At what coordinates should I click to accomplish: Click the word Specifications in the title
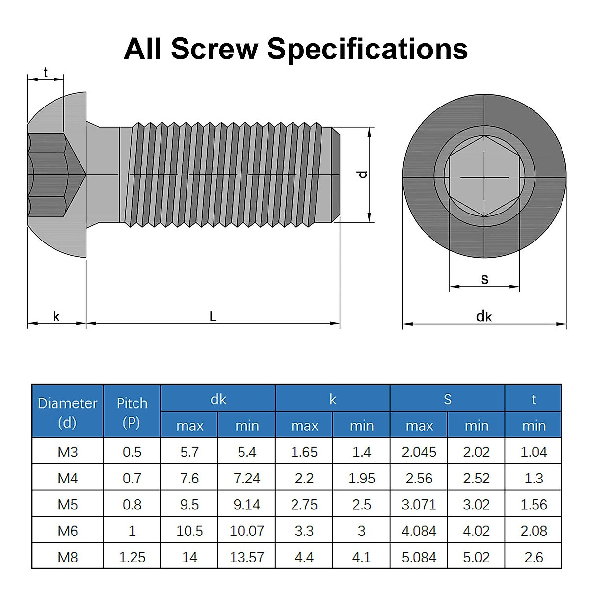coord(367,49)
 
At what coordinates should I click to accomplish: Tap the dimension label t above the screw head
coord(46,73)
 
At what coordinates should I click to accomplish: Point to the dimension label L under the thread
coord(213,317)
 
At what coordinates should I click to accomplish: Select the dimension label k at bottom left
coord(56,317)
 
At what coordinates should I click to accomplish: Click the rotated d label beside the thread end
coord(363,174)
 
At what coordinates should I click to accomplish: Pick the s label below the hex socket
coord(484,279)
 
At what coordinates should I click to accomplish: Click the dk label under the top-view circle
coord(484,317)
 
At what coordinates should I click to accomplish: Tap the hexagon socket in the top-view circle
coord(484,176)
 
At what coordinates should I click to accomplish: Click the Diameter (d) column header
coord(67,412)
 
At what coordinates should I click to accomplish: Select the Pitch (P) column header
coord(132,412)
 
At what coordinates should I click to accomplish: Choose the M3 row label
coord(67,452)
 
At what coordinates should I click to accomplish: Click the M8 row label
coord(67,557)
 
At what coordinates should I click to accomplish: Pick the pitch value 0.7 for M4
coord(132,479)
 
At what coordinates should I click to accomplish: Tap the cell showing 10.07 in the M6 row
coord(246,531)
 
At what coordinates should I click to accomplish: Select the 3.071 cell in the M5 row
coord(419,505)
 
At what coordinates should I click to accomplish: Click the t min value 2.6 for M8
coord(534,557)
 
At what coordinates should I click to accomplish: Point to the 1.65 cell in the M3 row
coord(304,452)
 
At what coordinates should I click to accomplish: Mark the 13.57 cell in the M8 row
coord(246,557)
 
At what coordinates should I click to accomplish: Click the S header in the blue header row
coord(447,400)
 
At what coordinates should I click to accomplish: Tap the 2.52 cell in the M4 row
coord(476,479)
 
